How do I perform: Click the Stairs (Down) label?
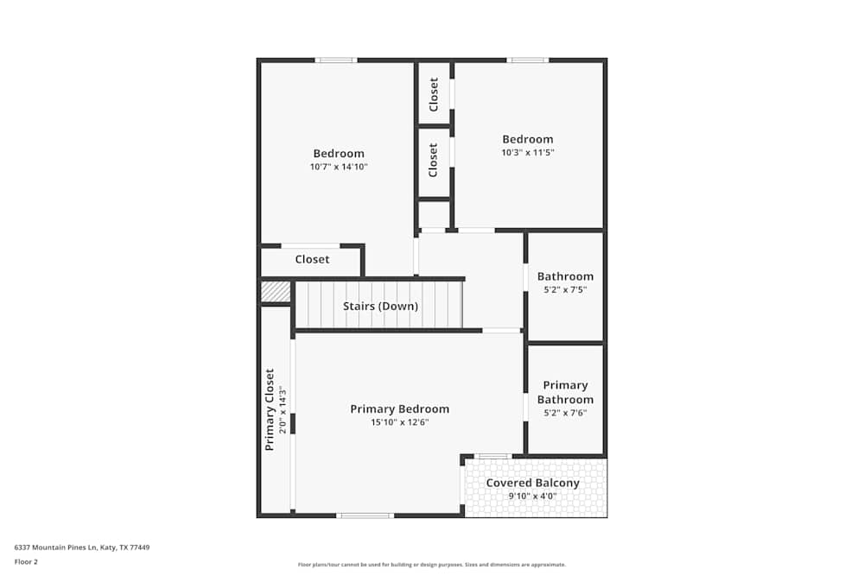coord(380,307)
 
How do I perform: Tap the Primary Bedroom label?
coord(399,409)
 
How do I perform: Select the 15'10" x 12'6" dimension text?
coord(399,422)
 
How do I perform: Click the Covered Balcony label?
coord(532,483)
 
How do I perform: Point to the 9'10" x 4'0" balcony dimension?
coord(532,496)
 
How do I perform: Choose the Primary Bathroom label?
coord(565,393)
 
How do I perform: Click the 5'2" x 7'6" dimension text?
coord(565,413)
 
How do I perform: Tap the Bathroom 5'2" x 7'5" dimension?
coord(565,289)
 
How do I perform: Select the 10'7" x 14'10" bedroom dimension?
coord(339,167)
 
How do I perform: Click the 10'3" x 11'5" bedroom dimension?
coord(528,152)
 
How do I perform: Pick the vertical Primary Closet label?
coord(270,410)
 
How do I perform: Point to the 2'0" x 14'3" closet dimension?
coord(281,410)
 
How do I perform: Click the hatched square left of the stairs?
coord(276,292)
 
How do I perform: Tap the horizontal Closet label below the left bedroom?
coord(312,259)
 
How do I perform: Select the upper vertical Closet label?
coord(434,94)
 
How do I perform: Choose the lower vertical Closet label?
coord(434,160)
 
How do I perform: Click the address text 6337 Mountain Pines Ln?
coord(82,547)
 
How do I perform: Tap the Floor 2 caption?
coord(26,561)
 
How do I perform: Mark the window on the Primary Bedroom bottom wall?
coord(365,516)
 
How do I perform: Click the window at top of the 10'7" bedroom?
coord(336,60)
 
